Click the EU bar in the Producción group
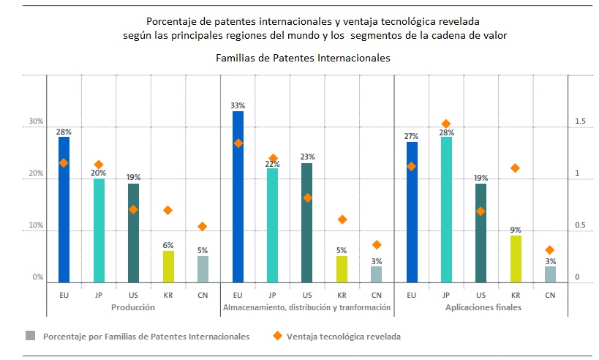coord(64,209)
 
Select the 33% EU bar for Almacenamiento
coord(238,197)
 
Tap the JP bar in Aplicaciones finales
coord(446,209)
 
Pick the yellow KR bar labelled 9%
coord(516,258)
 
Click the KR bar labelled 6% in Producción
coord(168,266)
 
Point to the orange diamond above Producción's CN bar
coord(203,227)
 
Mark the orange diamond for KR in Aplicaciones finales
coord(516,168)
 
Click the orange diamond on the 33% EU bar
coord(238,143)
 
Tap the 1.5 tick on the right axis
coord(580,121)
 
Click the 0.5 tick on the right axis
coord(580,225)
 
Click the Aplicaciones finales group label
coord(483,308)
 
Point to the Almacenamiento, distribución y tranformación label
coord(306,308)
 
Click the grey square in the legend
coord(30,336)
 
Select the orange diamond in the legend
coord(277,336)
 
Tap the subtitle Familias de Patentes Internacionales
coord(303,57)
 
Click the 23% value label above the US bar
coord(307,157)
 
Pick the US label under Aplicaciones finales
coord(481,295)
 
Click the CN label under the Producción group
coord(203,295)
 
